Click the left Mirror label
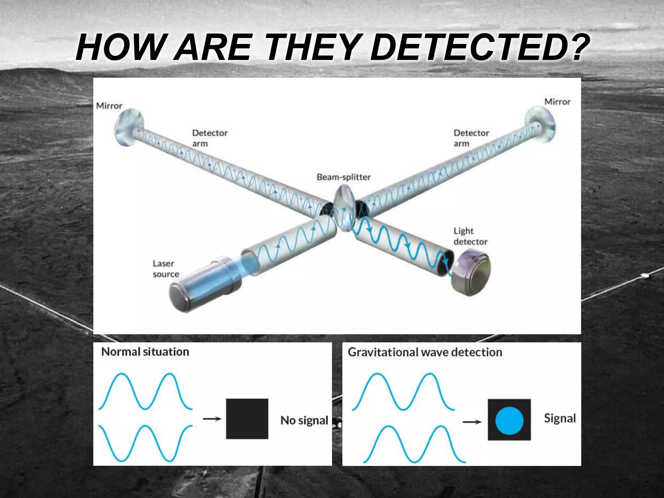click(x=109, y=106)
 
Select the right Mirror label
click(x=557, y=102)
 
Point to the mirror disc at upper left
click(x=128, y=129)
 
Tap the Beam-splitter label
click(x=343, y=177)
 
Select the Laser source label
click(x=166, y=269)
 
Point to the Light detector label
click(x=470, y=236)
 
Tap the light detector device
click(x=471, y=272)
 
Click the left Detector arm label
click(x=209, y=138)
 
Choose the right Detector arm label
click(x=471, y=138)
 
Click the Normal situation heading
click(x=145, y=352)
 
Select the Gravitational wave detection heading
click(x=425, y=352)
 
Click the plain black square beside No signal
click(x=247, y=419)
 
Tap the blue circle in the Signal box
click(x=509, y=420)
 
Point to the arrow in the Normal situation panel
click(x=212, y=419)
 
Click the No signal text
click(x=304, y=421)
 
